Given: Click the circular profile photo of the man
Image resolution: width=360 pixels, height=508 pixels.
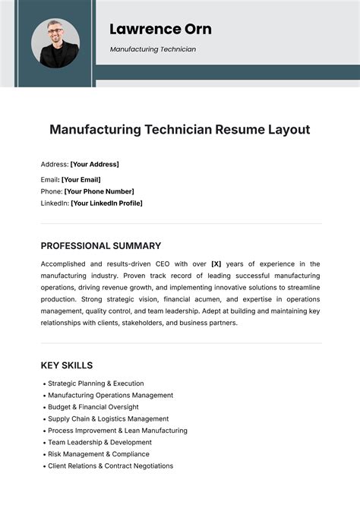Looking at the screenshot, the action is click(55, 43).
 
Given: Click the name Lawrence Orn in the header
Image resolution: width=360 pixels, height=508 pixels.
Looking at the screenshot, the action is click(160, 29).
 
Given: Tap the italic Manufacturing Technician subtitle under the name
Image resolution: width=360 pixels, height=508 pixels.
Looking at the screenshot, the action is click(153, 49).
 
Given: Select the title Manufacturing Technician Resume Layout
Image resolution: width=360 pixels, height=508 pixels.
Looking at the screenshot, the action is click(180, 129).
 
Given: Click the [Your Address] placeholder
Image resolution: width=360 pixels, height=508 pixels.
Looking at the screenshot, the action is click(94, 164).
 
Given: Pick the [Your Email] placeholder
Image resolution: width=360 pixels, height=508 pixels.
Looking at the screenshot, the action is click(83, 179).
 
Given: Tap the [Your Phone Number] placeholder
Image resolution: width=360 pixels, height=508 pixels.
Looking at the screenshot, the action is click(99, 191).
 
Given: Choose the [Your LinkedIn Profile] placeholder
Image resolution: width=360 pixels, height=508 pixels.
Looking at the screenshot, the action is click(106, 204).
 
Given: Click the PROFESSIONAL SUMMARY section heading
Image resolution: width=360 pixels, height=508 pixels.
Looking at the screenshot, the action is click(101, 246).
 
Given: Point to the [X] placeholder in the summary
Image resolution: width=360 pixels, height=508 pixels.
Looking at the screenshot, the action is click(216, 264).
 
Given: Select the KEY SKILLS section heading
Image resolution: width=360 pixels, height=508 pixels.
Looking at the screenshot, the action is click(67, 365).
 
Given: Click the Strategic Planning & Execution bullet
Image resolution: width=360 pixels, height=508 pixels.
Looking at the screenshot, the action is click(96, 383).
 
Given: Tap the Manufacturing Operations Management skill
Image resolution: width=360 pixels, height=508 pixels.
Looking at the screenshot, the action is click(110, 396).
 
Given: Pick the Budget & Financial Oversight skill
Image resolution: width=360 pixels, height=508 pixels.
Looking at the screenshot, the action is click(93, 407).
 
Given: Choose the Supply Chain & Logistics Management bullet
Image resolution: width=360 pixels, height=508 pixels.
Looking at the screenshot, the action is click(108, 419).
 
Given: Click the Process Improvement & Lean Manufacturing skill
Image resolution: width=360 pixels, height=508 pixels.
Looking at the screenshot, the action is click(117, 431).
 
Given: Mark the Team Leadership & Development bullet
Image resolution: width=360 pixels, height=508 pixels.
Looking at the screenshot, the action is click(99, 443).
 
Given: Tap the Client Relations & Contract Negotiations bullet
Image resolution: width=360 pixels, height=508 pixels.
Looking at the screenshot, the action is click(110, 466).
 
